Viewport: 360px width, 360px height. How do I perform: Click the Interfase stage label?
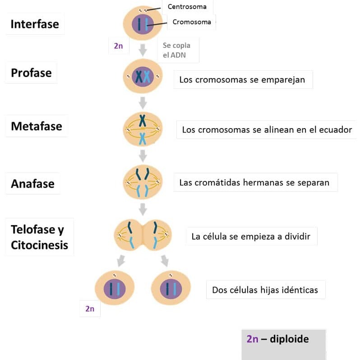(35, 24)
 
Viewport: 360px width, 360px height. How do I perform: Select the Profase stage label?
(31, 73)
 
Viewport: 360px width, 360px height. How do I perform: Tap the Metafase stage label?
(37, 126)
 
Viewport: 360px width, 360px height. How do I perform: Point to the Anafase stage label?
(32, 184)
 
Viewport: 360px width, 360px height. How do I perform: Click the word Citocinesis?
(40, 245)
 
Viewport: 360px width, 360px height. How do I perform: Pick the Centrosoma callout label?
(187, 7)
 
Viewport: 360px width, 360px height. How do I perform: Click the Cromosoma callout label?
(192, 22)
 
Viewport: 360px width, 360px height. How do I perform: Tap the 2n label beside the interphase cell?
(119, 46)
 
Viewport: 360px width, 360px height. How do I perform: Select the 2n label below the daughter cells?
(90, 309)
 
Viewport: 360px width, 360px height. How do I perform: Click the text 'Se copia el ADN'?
(176, 50)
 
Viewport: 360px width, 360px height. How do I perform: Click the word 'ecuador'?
(336, 130)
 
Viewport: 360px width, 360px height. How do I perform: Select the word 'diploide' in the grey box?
(289, 339)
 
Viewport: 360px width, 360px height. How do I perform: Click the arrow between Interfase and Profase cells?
(143, 50)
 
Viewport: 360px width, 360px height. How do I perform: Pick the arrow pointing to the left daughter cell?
(121, 261)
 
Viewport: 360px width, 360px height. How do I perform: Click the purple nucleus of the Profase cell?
(143, 77)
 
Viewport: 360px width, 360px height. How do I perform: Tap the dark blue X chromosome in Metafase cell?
(143, 121)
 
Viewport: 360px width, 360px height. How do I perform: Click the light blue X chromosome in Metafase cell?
(143, 139)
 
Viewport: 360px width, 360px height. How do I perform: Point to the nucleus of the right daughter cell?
(171, 288)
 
